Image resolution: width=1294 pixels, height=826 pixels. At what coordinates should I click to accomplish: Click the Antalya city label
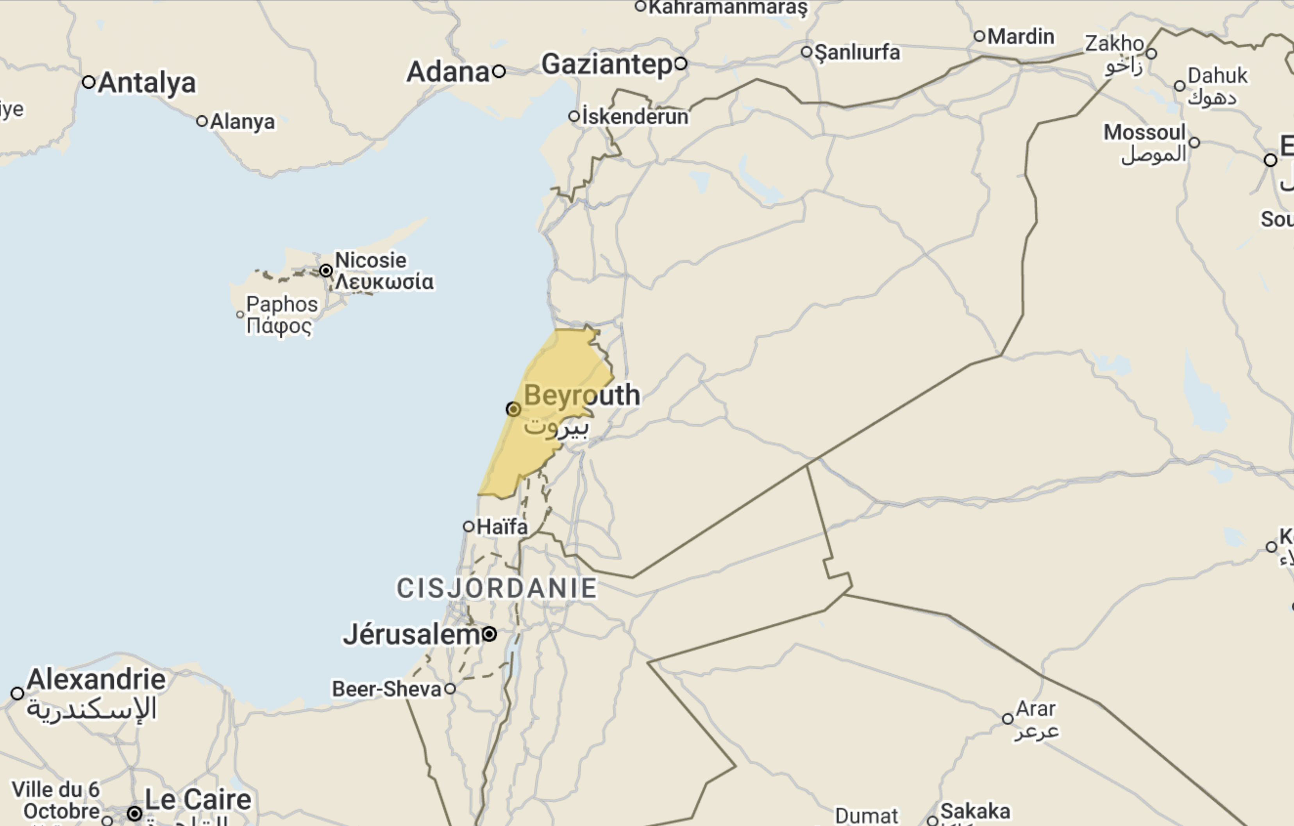click(x=146, y=83)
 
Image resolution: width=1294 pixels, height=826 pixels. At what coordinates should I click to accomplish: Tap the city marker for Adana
click(x=499, y=71)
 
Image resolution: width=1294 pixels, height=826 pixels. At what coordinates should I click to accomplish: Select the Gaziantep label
click(x=606, y=64)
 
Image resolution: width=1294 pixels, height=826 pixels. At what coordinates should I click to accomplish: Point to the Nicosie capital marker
click(x=326, y=270)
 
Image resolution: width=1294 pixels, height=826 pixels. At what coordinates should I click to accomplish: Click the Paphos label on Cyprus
click(x=282, y=304)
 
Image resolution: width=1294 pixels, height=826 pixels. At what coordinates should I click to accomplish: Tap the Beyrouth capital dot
click(x=513, y=409)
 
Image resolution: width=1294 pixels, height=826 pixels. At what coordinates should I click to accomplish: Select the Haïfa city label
click(x=502, y=527)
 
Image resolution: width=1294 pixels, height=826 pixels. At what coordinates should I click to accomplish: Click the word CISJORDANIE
click(x=497, y=588)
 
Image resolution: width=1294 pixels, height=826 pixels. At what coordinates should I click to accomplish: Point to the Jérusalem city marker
click(x=489, y=634)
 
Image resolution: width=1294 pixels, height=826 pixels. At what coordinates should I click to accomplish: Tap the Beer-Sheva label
click(x=386, y=689)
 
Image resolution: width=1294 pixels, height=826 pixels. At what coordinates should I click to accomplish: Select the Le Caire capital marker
click(x=134, y=813)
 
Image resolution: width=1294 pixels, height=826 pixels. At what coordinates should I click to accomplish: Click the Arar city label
click(x=1035, y=709)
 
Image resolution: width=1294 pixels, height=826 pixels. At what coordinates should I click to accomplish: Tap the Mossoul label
click(x=1144, y=132)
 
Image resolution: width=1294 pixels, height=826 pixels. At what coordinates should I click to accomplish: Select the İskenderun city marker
click(x=574, y=116)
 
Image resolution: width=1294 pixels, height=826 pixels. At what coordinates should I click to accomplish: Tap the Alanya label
click(x=242, y=122)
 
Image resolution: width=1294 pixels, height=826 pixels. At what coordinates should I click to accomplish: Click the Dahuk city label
click(x=1217, y=76)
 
